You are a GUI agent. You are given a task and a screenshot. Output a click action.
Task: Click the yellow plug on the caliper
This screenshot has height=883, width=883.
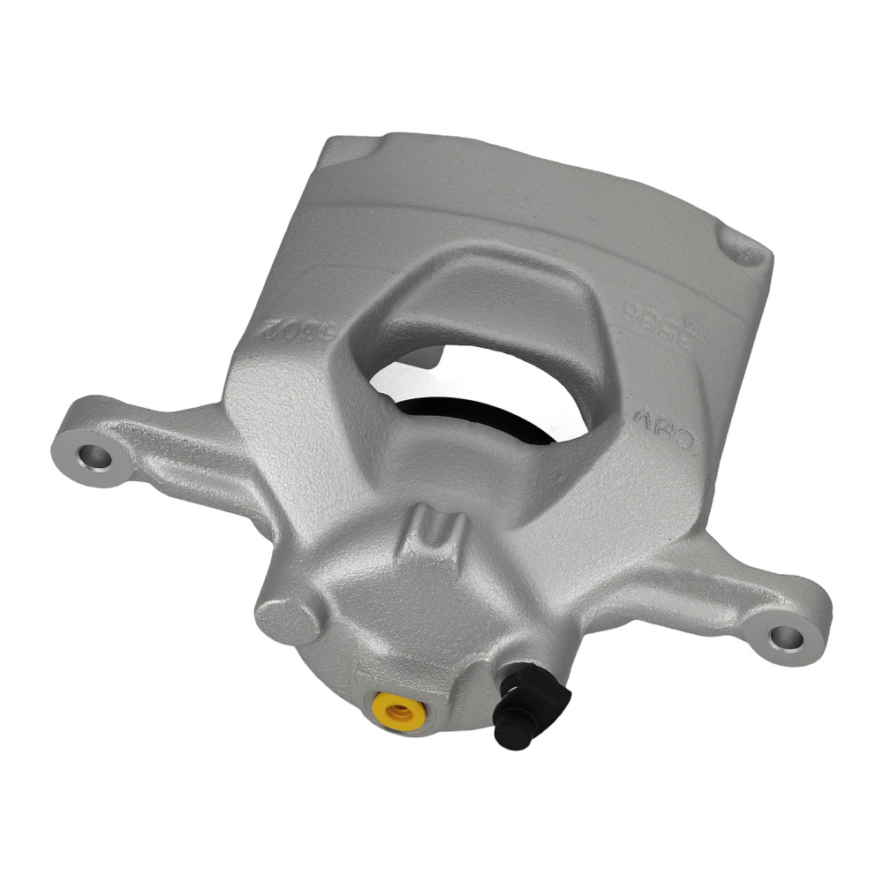click(x=397, y=708)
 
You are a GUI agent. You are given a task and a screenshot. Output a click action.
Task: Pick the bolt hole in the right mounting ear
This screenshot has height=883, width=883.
click(x=782, y=637)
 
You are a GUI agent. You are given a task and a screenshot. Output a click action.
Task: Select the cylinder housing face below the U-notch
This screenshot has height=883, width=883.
click(x=424, y=618)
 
